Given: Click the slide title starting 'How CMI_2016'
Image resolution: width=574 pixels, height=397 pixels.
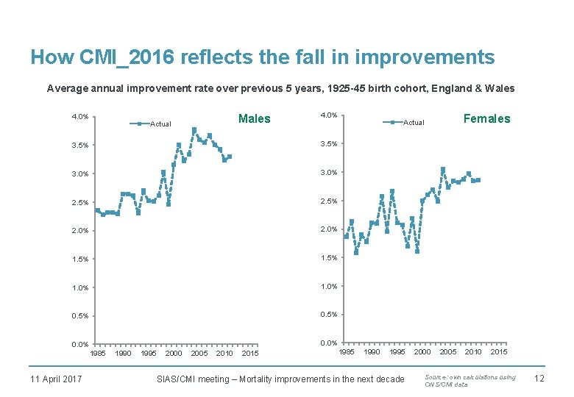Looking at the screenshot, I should [x=262, y=57].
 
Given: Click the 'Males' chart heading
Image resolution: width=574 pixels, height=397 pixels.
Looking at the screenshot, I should [x=255, y=119].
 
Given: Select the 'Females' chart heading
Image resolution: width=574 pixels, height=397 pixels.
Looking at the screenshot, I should [x=486, y=118].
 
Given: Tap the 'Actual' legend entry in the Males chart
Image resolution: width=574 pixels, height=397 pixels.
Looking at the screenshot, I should [x=160, y=124].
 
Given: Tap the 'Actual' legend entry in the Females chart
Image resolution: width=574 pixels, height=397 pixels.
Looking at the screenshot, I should [x=413, y=122].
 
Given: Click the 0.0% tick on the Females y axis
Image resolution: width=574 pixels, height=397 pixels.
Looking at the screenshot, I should [x=328, y=343].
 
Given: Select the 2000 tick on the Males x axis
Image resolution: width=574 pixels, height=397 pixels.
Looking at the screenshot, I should [x=174, y=354].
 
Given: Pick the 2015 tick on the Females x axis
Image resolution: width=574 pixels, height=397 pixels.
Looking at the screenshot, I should [x=499, y=352].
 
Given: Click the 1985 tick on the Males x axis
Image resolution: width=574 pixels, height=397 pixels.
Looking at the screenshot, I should [x=97, y=354].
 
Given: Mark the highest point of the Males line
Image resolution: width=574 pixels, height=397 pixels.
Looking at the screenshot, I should [x=194, y=130].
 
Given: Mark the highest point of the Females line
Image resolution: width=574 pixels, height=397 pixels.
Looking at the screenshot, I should [x=443, y=169].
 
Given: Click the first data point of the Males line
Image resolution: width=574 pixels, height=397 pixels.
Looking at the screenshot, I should [x=97, y=210].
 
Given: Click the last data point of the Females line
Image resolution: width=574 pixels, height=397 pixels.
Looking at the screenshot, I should [x=478, y=179].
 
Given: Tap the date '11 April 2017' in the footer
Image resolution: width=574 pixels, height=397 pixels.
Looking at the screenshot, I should [x=56, y=379].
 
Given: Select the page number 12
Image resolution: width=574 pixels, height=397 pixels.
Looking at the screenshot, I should [x=538, y=379].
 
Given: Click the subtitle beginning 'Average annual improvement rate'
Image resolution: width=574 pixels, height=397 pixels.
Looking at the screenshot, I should [x=280, y=89].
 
